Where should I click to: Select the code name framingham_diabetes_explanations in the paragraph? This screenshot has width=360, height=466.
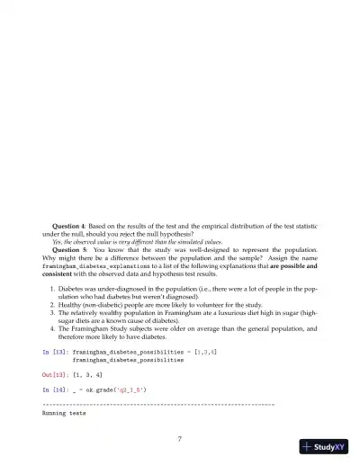point(101,267)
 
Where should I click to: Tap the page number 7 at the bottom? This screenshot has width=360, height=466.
point(180,438)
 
